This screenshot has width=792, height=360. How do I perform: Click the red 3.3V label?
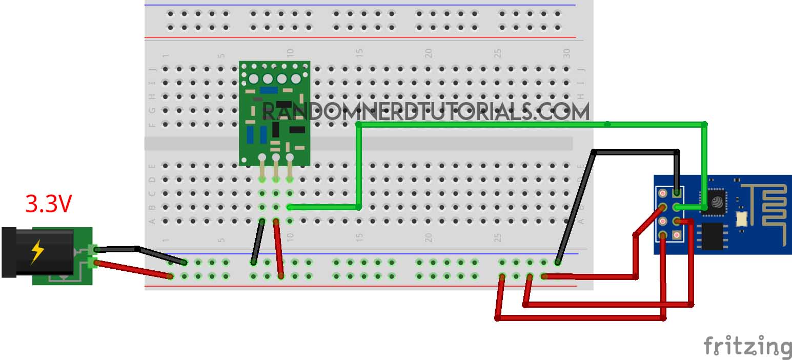[49, 204]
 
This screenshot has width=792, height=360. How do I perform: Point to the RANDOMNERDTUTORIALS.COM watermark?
[425, 111]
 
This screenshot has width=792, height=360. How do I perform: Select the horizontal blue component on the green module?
[268, 90]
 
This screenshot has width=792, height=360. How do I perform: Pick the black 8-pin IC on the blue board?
[712, 236]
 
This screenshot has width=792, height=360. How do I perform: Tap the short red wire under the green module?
[278, 249]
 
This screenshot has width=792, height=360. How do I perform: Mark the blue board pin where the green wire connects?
[677, 207]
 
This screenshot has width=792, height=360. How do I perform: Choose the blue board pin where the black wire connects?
[677, 193]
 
